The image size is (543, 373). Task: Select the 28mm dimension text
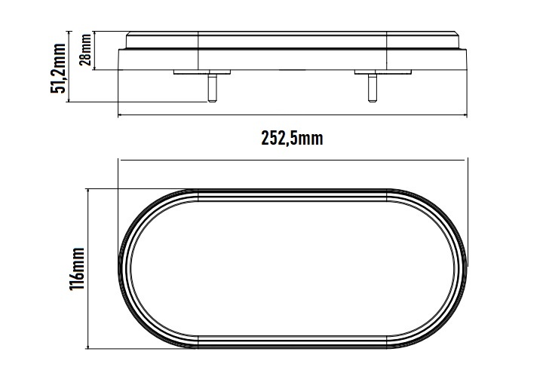click(85, 50)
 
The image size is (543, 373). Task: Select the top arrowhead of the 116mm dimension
click(90, 191)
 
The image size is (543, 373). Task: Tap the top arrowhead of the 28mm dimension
click(97, 33)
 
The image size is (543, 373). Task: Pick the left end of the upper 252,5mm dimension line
click(121, 115)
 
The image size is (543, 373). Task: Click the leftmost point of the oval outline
click(121, 270)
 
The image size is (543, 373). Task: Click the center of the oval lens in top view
click(293, 270)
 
